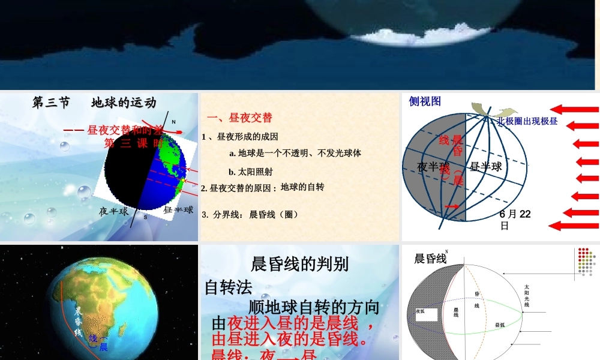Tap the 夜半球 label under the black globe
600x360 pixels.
[x=114, y=211]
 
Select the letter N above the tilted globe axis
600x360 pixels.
[x=173, y=122]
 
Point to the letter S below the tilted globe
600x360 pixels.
[x=145, y=217]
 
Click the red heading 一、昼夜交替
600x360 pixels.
[x=239, y=118]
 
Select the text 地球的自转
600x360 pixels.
[x=302, y=187]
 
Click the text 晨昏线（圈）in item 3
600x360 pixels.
[x=274, y=214]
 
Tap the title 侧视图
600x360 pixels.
[x=425, y=101]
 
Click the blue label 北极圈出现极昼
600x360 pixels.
[x=527, y=121]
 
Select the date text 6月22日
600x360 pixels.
[x=514, y=220]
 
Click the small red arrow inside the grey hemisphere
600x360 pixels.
[x=450, y=207]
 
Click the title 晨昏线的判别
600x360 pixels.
[x=299, y=263]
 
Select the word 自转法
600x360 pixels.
[x=229, y=287]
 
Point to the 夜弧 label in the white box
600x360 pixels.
[x=420, y=311]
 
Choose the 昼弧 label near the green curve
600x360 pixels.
[x=499, y=325]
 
